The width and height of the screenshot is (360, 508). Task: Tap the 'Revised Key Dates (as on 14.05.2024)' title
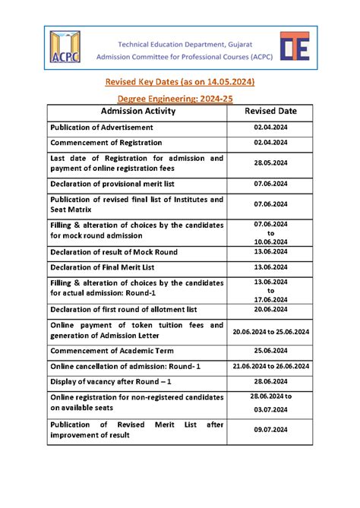[179, 81]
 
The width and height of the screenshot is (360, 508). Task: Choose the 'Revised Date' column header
[270, 111]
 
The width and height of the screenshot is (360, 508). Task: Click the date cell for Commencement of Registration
[270, 142]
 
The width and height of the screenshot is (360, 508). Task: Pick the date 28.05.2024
[270, 162]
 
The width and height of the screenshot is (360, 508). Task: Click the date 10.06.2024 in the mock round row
[270, 241]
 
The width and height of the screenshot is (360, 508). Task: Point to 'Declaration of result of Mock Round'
[121, 251]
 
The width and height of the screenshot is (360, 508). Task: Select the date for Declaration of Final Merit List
[270, 267]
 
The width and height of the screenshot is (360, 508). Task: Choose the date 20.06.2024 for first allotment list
[270, 309]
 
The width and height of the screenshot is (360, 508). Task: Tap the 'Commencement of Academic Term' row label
[112, 350]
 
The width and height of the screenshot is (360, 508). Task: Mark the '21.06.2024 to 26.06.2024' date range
[270, 365]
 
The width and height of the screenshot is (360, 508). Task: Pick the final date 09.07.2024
[270, 430]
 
